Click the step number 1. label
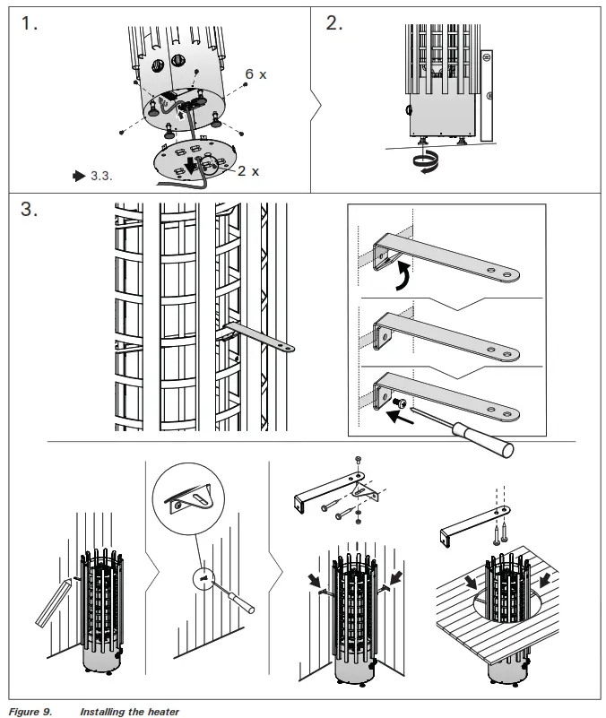(x=30, y=25)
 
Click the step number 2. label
(x=333, y=24)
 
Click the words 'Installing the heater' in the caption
(x=129, y=711)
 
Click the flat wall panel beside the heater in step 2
(x=488, y=94)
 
